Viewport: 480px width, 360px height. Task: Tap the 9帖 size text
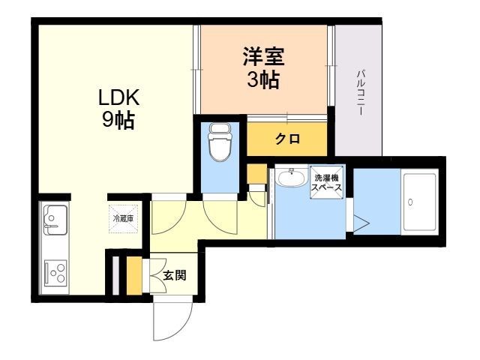click(x=118, y=120)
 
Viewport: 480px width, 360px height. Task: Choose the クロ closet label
click(x=287, y=139)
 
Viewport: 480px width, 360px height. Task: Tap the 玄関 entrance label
click(x=175, y=275)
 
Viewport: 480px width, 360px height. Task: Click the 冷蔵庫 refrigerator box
click(x=123, y=218)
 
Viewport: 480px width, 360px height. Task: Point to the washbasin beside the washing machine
click(x=290, y=178)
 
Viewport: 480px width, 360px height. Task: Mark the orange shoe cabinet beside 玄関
click(x=134, y=276)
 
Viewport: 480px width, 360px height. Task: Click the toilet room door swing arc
click(x=219, y=213)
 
